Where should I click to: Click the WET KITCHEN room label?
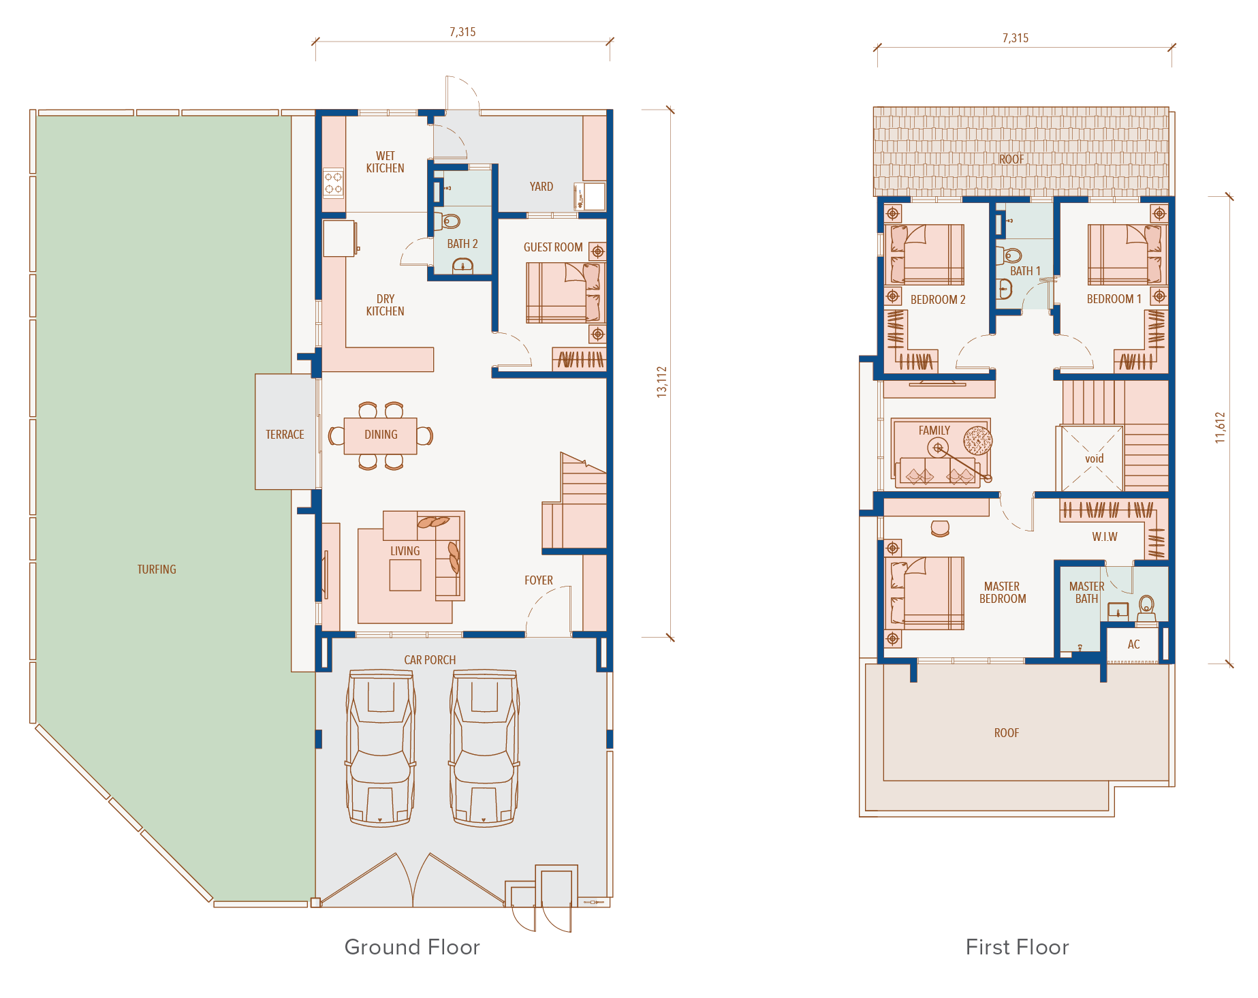click(385, 162)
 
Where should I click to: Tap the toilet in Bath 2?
click(449, 221)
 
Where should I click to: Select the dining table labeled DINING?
click(380, 435)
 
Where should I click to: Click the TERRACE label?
click(285, 435)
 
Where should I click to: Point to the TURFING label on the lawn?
click(157, 570)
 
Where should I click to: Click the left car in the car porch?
click(381, 747)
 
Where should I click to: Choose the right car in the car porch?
click(484, 747)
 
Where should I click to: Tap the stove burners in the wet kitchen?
click(333, 183)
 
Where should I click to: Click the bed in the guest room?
click(565, 293)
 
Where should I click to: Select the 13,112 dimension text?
click(662, 381)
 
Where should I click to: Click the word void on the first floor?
click(1094, 458)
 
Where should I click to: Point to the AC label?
click(1133, 644)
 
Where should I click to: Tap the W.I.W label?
click(1105, 537)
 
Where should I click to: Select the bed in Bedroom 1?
click(1127, 255)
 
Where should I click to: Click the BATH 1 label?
click(1025, 271)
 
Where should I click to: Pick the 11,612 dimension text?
click(1220, 427)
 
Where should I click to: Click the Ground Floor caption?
click(412, 947)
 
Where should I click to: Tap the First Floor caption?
click(1017, 947)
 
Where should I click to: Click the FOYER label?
click(539, 580)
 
